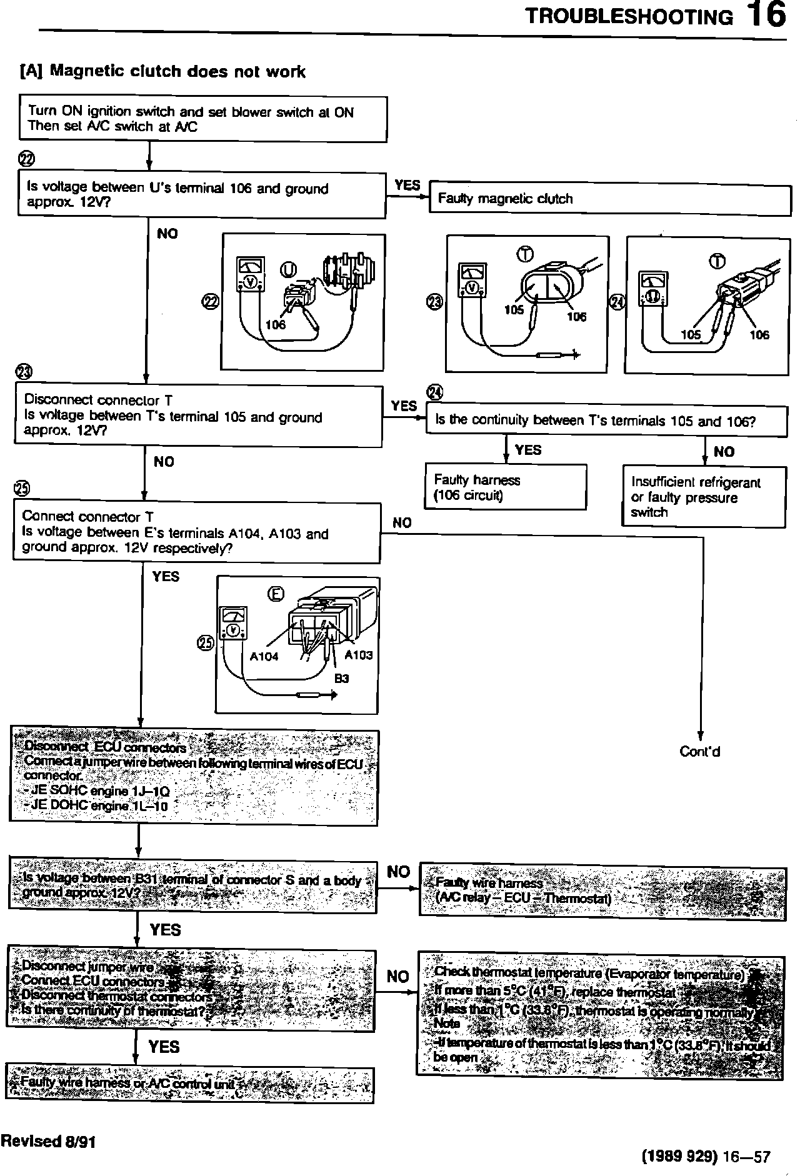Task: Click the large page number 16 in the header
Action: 766,15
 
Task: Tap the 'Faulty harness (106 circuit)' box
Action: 505,487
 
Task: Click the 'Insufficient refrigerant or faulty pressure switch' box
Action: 704,497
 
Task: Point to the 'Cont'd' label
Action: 699,752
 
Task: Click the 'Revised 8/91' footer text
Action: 48,1141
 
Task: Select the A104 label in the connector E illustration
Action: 264,656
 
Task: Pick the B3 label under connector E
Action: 341,679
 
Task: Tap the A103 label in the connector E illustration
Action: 359,655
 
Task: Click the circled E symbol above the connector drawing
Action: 276,594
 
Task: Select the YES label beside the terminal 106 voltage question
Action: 407,185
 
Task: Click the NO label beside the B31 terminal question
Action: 399,872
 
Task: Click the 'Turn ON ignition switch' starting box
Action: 203,119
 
